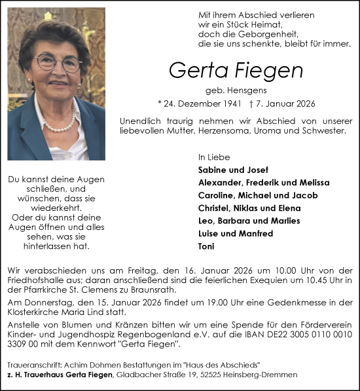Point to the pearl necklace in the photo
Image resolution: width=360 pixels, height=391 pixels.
tap(61, 124)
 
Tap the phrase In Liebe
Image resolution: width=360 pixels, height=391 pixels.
tap(210, 157)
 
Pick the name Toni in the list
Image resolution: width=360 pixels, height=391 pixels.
tap(206, 246)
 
